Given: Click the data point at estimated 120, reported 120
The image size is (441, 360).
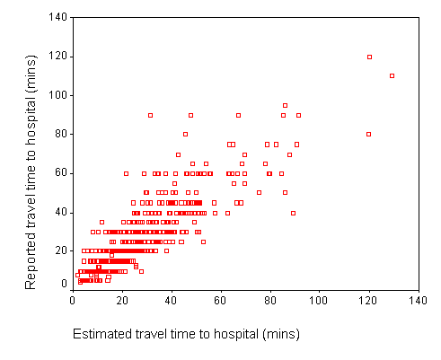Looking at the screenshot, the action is [369, 57].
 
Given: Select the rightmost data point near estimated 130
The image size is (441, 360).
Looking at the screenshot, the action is [392, 75].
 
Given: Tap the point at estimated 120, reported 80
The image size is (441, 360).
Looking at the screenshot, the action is [368, 134].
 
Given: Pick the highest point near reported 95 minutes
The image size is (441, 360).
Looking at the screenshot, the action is [285, 105].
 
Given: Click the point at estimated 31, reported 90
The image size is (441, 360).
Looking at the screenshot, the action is [150, 115].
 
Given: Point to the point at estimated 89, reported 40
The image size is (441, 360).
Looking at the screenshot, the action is [293, 213].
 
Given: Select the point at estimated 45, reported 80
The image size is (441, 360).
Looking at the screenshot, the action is [185, 134].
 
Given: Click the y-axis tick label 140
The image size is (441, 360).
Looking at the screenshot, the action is [58, 17].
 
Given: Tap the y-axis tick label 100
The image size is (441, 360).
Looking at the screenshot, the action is [58, 95].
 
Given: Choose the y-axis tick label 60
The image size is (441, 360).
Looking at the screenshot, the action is [61, 172].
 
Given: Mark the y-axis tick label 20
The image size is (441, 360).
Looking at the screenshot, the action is [61, 250].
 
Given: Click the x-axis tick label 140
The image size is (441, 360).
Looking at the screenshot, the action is [418, 300].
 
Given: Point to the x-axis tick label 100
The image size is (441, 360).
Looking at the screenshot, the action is [318, 300].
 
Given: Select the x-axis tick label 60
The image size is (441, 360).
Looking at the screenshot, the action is [220, 300].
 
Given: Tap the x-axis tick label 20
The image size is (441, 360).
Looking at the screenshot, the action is [122, 300].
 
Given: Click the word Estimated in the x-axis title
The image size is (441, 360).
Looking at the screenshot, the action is [102, 334].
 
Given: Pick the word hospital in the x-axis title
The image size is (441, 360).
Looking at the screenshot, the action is [236, 334].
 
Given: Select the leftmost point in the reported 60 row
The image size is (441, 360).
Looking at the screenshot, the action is [126, 173].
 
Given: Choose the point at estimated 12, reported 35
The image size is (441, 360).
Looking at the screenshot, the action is [101, 222].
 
